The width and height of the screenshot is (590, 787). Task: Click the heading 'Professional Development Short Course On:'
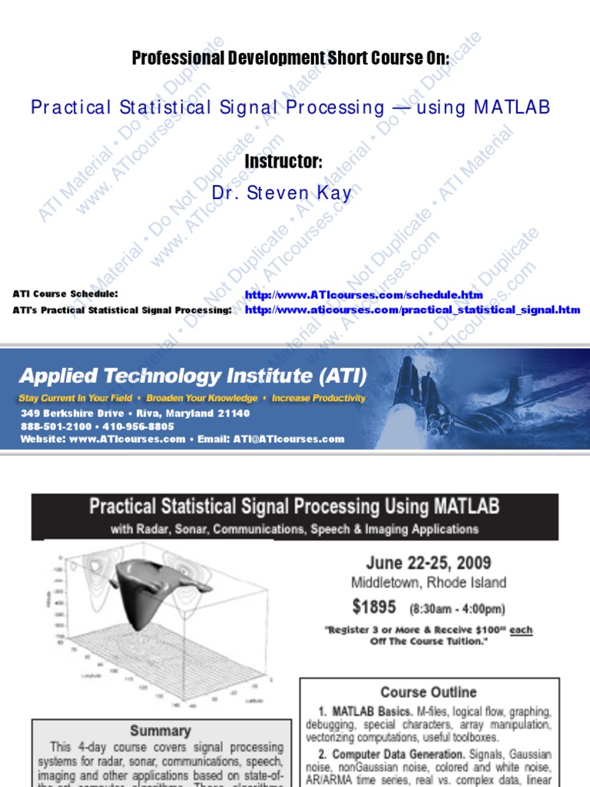290,58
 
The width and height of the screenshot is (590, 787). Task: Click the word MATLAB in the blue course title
512,108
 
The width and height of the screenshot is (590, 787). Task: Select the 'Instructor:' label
283,162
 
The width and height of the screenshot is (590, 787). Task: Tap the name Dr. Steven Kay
281,194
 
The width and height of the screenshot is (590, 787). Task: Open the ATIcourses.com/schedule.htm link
363,295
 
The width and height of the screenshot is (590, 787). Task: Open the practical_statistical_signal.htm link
413,310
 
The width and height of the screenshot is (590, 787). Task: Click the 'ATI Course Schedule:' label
65,294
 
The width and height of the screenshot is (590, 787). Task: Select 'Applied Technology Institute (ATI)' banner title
193,377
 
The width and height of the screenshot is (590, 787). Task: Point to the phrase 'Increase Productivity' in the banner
319,398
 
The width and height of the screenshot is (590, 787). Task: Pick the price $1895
374,607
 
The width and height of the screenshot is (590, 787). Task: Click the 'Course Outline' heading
428,692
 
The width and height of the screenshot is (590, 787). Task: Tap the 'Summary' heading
160,730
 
